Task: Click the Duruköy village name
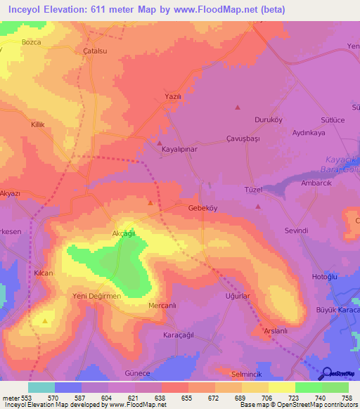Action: point(268,119)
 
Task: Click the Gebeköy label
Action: point(203,209)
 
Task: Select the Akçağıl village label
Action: point(123,233)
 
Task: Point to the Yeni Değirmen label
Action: point(97,296)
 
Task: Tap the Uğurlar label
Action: point(237,297)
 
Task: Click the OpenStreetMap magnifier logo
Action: point(325,373)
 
